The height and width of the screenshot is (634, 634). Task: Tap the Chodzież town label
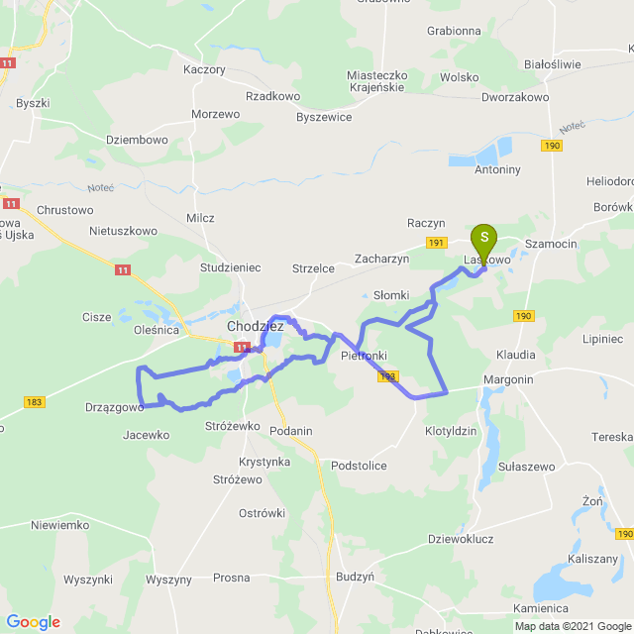256,326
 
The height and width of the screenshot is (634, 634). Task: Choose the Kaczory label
205,70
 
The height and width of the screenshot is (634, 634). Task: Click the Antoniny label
496,169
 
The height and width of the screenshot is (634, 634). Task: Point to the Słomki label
390,295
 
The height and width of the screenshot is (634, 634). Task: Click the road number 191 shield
436,243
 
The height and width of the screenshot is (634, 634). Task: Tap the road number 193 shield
387,376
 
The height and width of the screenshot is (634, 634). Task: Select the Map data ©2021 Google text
572,626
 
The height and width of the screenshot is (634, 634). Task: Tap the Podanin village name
290,430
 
